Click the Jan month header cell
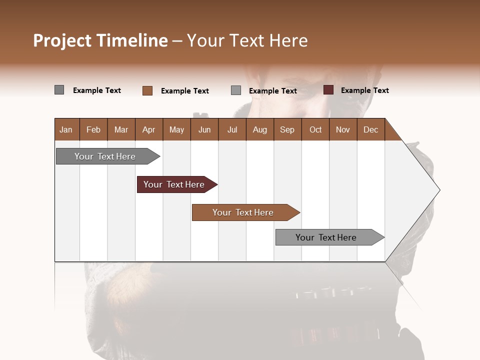(x=66, y=129)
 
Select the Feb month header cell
(x=93, y=129)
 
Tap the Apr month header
(x=149, y=129)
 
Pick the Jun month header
(x=204, y=129)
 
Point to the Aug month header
(x=260, y=129)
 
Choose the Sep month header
(x=287, y=129)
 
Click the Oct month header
(x=315, y=129)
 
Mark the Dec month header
(x=371, y=129)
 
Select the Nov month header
(x=343, y=129)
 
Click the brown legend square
(x=147, y=90)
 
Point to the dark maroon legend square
(x=328, y=90)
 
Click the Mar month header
(x=121, y=129)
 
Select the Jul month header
(x=232, y=129)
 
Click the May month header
(x=176, y=129)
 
